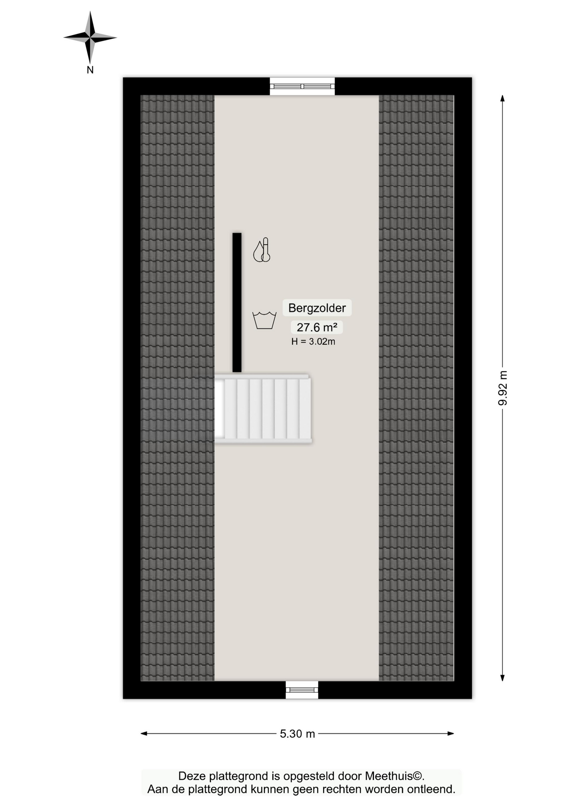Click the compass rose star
tap(90, 37)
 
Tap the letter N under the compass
tap(90, 70)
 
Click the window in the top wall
tap(302, 86)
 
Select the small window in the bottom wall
tap(302, 690)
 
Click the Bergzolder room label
tap(317, 308)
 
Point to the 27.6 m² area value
tap(317, 327)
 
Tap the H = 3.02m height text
tap(313, 342)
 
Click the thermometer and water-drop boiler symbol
tap(262, 250)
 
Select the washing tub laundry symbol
tap(264, 320)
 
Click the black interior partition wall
tap(237, 302)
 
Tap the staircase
tap(263, 408)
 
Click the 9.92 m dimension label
tap(502, 388)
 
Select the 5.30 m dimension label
tap(297, 734)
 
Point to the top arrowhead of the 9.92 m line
tap(502, 98)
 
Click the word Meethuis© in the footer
tap(395, 776)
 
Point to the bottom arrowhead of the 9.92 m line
tap(502, 678)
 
